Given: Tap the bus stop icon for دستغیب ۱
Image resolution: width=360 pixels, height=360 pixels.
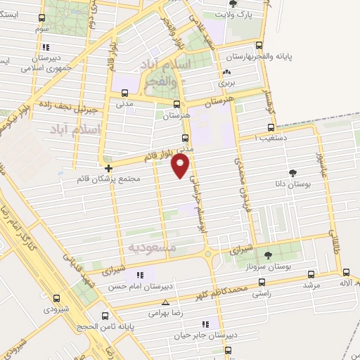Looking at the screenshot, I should (271, 128).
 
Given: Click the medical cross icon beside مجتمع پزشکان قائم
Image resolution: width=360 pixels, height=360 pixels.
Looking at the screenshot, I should (108, 169).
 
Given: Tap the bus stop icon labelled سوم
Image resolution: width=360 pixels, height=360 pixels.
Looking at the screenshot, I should (42, 19).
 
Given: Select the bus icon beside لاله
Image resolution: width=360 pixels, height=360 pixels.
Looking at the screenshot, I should (346, 274).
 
